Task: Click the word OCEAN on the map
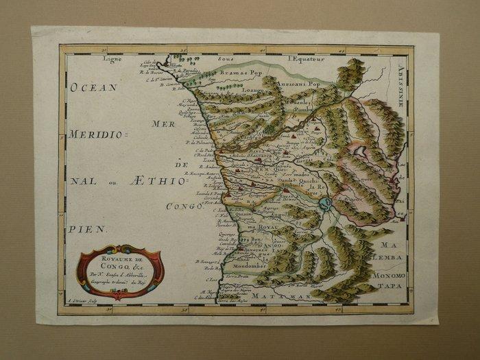(93, 88)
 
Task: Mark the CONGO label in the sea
(184, 206)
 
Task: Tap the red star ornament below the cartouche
(117, 296)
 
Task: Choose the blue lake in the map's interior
(326, 203)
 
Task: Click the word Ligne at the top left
(112, 59)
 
